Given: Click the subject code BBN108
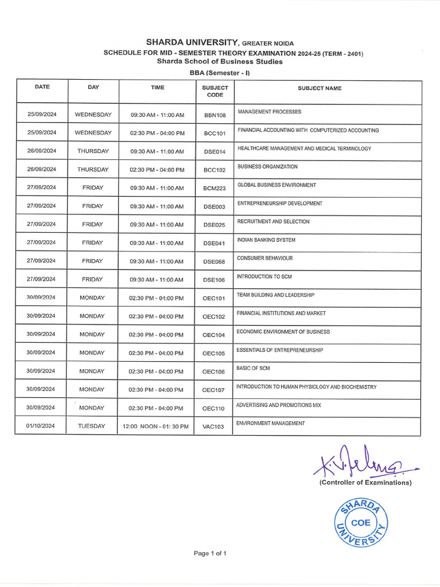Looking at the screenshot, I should coord(215,115).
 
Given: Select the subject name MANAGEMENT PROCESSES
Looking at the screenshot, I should coord(269,112).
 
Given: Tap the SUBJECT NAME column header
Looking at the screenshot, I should coord(319,88).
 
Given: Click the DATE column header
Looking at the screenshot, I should coord(42,87).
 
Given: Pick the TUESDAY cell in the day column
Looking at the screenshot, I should coord(92,426).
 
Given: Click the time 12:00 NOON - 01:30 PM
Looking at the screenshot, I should coord(155,426).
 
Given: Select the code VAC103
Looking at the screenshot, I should coord(213,427).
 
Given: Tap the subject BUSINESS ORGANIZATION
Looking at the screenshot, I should coord(268,167).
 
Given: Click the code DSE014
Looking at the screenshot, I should coord(215,152).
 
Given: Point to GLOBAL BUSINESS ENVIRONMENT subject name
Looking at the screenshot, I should coord(277,185).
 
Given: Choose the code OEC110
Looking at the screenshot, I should coord(214,409).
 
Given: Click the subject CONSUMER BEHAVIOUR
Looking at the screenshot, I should coord(265,259).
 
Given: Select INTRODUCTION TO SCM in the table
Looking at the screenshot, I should coord(264,277).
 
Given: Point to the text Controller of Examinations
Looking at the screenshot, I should coord(365,483).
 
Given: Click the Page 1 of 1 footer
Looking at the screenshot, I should coord(210,553).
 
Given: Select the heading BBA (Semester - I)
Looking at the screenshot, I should coord(220,73).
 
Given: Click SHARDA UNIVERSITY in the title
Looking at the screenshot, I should coord(192,42).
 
